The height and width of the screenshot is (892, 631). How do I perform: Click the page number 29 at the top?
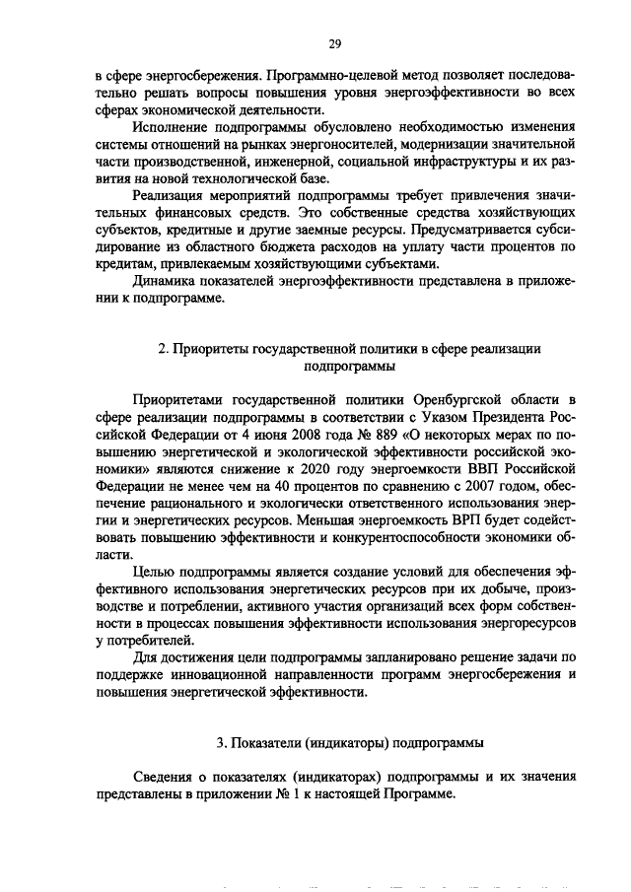(334, 43)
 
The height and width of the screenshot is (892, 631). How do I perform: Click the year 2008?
(295, 435)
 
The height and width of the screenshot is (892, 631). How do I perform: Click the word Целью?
(155, 573)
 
